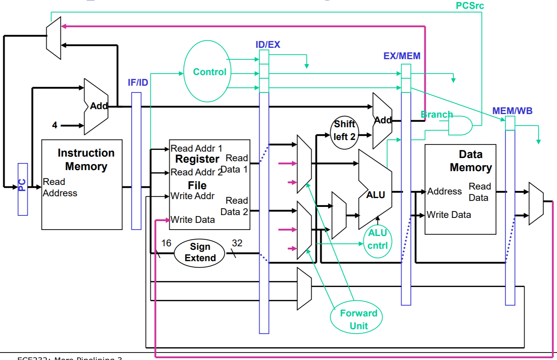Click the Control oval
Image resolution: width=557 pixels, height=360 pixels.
pos(207,72)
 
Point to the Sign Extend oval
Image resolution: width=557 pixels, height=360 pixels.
pos(200,253)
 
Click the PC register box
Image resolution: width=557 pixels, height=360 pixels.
pos(23,189)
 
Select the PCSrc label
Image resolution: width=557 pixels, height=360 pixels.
pos(469,6)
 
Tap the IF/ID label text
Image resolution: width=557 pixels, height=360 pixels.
pos(138,83)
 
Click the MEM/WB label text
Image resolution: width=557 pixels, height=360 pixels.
pos(512,111)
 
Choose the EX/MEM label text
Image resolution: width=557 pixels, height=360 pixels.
pos(402,56)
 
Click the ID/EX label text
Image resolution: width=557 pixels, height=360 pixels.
pos(268,45)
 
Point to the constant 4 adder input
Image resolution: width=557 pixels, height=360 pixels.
pos(55,125)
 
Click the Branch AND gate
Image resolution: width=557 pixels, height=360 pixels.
pos(459,125)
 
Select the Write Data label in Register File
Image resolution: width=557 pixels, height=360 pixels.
pos(193,220)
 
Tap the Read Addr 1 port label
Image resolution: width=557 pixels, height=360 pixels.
pos(196,148)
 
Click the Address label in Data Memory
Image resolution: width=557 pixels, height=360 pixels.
pos(444,191)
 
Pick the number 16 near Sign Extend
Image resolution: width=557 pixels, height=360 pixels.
pos(166,243)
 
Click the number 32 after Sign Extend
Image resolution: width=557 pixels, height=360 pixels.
pos(237,243)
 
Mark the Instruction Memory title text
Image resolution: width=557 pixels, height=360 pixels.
pos(86,159)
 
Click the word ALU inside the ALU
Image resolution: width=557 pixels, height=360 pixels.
pos(375,195)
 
